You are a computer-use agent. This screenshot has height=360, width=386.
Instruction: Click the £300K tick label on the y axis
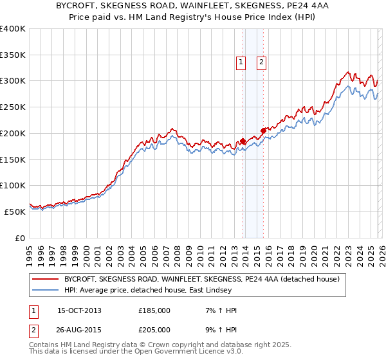pyautogui.click(x=13, y=81)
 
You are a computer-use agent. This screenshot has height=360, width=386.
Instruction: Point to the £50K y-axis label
pyautogui.click(x=15, y=212)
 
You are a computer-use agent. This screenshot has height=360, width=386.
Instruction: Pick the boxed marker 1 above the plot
pyautogui.click(x=241, y=62)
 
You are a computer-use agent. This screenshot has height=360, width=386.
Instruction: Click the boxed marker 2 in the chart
pyautogui.click(x=262, y=62)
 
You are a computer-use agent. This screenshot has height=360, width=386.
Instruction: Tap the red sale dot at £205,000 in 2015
pyautogui.click(x=263, y=130)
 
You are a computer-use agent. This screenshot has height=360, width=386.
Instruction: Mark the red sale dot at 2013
pyautogui.click(x=243, y=141)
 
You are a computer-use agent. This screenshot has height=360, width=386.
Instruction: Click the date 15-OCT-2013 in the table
pyautogui.click(x=79, y=310)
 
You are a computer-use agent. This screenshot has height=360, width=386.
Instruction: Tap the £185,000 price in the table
pyautogui.click(x=154, y=310)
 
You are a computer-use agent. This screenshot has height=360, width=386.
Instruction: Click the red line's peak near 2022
pyautogui.click(x=347, y=72)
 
